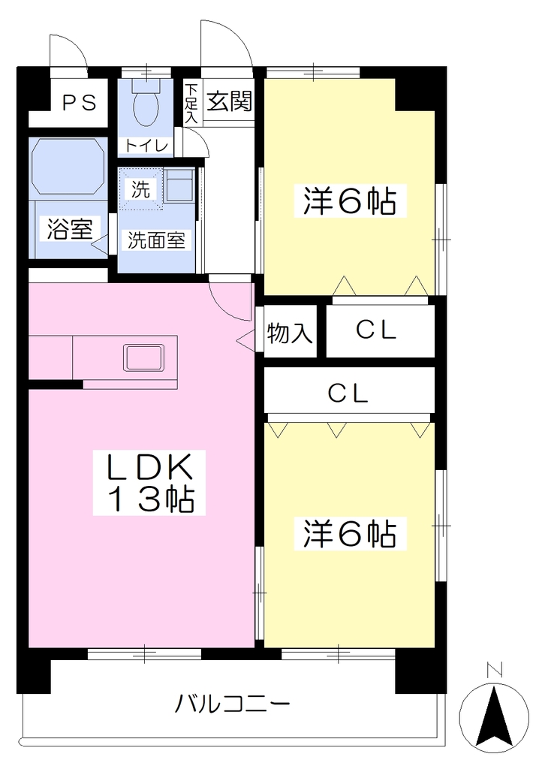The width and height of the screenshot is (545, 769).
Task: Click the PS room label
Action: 79,103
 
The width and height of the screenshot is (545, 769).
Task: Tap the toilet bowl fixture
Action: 146,103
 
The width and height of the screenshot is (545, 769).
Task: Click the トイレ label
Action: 146,146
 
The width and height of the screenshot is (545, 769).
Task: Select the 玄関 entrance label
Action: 229,101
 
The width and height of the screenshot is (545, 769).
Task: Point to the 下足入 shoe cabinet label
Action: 191,104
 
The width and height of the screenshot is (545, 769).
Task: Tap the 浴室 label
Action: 70,229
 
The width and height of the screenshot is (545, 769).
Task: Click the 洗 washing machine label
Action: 140,189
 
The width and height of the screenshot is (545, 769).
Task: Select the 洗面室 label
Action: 156,240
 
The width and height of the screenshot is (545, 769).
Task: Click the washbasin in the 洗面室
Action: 179,186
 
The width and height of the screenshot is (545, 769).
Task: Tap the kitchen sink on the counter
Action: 143,357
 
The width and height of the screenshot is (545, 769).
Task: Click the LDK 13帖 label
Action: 149,483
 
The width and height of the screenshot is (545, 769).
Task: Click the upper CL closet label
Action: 376,331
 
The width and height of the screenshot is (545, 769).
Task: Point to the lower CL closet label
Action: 348,394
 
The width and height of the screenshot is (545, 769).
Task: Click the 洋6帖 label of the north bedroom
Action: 350,201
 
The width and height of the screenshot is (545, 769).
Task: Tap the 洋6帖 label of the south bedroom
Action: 350,534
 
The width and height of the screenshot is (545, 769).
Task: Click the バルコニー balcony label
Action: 233,704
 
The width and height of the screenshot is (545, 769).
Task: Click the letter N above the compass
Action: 495,669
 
